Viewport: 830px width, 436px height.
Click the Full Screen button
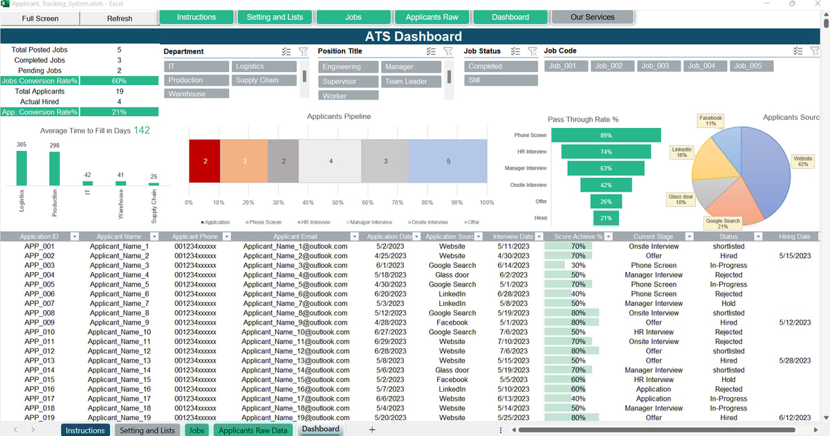tap(40, 19)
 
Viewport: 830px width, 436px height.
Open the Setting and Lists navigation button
tap(275, 17)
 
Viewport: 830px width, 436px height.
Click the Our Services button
tap(592, 17)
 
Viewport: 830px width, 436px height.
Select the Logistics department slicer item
tap(264, 66)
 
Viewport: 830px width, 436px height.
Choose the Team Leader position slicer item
tap(411, 81)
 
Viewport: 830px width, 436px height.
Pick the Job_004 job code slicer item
tap(701, 66)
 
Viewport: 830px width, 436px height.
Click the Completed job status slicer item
tap(500, 66)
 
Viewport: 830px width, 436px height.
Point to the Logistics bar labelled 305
tap(21, 168)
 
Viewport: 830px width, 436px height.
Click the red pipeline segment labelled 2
tap(205, 161)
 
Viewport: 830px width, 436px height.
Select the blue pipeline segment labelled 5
tap(448, 161)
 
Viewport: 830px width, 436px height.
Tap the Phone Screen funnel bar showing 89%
tap(606, 136)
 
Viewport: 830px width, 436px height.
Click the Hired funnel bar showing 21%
tap(606, 218)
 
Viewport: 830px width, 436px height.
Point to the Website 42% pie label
tap(803, 161)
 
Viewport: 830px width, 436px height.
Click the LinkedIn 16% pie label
tap(681, 152)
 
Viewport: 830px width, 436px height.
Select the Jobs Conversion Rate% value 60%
tap(119, 81)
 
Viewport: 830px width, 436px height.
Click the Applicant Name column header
tap(119, 237)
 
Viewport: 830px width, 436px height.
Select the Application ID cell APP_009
tap(39, 323)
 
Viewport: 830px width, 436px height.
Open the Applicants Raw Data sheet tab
tap(252, 430)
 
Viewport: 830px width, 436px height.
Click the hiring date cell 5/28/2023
tap(794, 361)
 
